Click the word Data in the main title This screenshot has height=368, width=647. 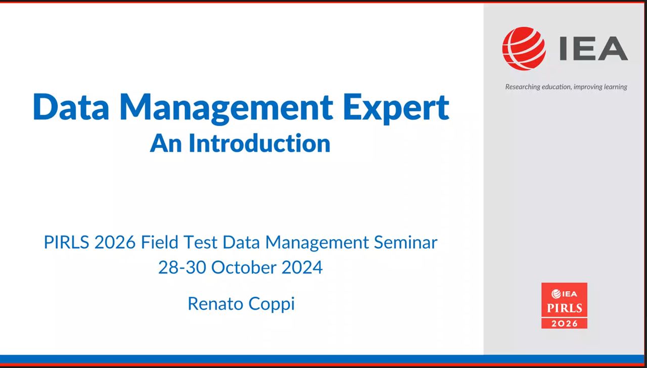(x=71, y=106)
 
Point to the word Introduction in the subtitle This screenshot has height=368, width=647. (x=259, y=143)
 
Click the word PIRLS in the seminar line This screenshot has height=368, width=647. (x=66, y=242)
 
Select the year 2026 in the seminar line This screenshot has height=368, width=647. (x=115, y=242)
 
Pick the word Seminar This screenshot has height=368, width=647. (x=405, y=242)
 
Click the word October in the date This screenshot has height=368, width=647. (x=244, y=267)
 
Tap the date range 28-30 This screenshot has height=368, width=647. (x=182, y=267)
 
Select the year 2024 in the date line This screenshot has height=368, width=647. (x=302, y=267)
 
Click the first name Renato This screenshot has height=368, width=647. (x=215, y=304)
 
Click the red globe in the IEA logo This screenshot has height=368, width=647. (x=524, y=49)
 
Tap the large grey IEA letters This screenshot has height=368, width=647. (x=594, y=48)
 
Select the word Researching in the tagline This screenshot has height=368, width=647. (x=523, y=87)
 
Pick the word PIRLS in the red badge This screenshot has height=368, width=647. (x=565, y=308)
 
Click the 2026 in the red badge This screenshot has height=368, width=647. (x=565, y=324)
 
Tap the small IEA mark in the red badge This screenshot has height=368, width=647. (x=564, y=294)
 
